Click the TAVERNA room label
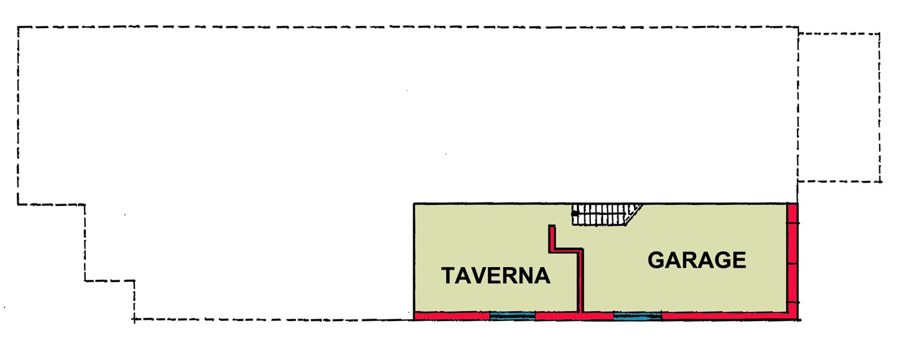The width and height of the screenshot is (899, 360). coord(496,276)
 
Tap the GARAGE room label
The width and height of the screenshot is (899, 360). coord(696,260)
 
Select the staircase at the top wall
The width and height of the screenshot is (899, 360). coord(607,215)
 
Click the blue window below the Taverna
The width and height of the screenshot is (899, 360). coord(512,316)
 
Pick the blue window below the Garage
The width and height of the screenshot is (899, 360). coord(637,316)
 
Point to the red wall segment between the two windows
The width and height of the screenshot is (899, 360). coord(574,316)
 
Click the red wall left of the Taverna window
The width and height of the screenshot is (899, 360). coord(452,316)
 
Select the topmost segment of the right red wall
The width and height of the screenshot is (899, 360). coord(792,213)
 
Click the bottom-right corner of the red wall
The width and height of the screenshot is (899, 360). coord(798,320)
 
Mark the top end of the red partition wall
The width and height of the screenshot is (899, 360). coord(552,226)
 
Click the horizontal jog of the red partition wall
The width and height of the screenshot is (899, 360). coord(566,251)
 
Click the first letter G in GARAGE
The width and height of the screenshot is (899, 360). coord(656,260)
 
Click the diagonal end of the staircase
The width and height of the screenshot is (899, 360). coord(634,214)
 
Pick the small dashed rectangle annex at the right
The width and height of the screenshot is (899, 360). coord(839,108)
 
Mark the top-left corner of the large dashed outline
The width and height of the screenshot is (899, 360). coord(18,28)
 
